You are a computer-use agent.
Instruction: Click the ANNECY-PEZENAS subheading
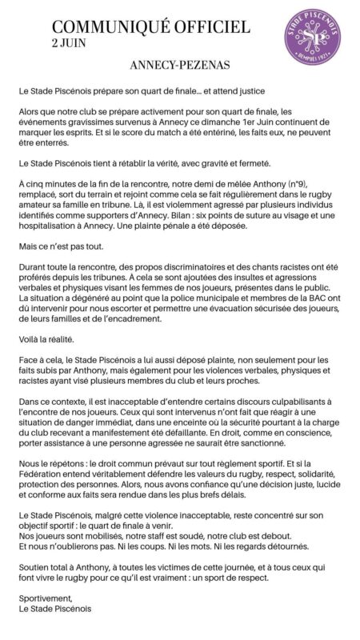[180, 70]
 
